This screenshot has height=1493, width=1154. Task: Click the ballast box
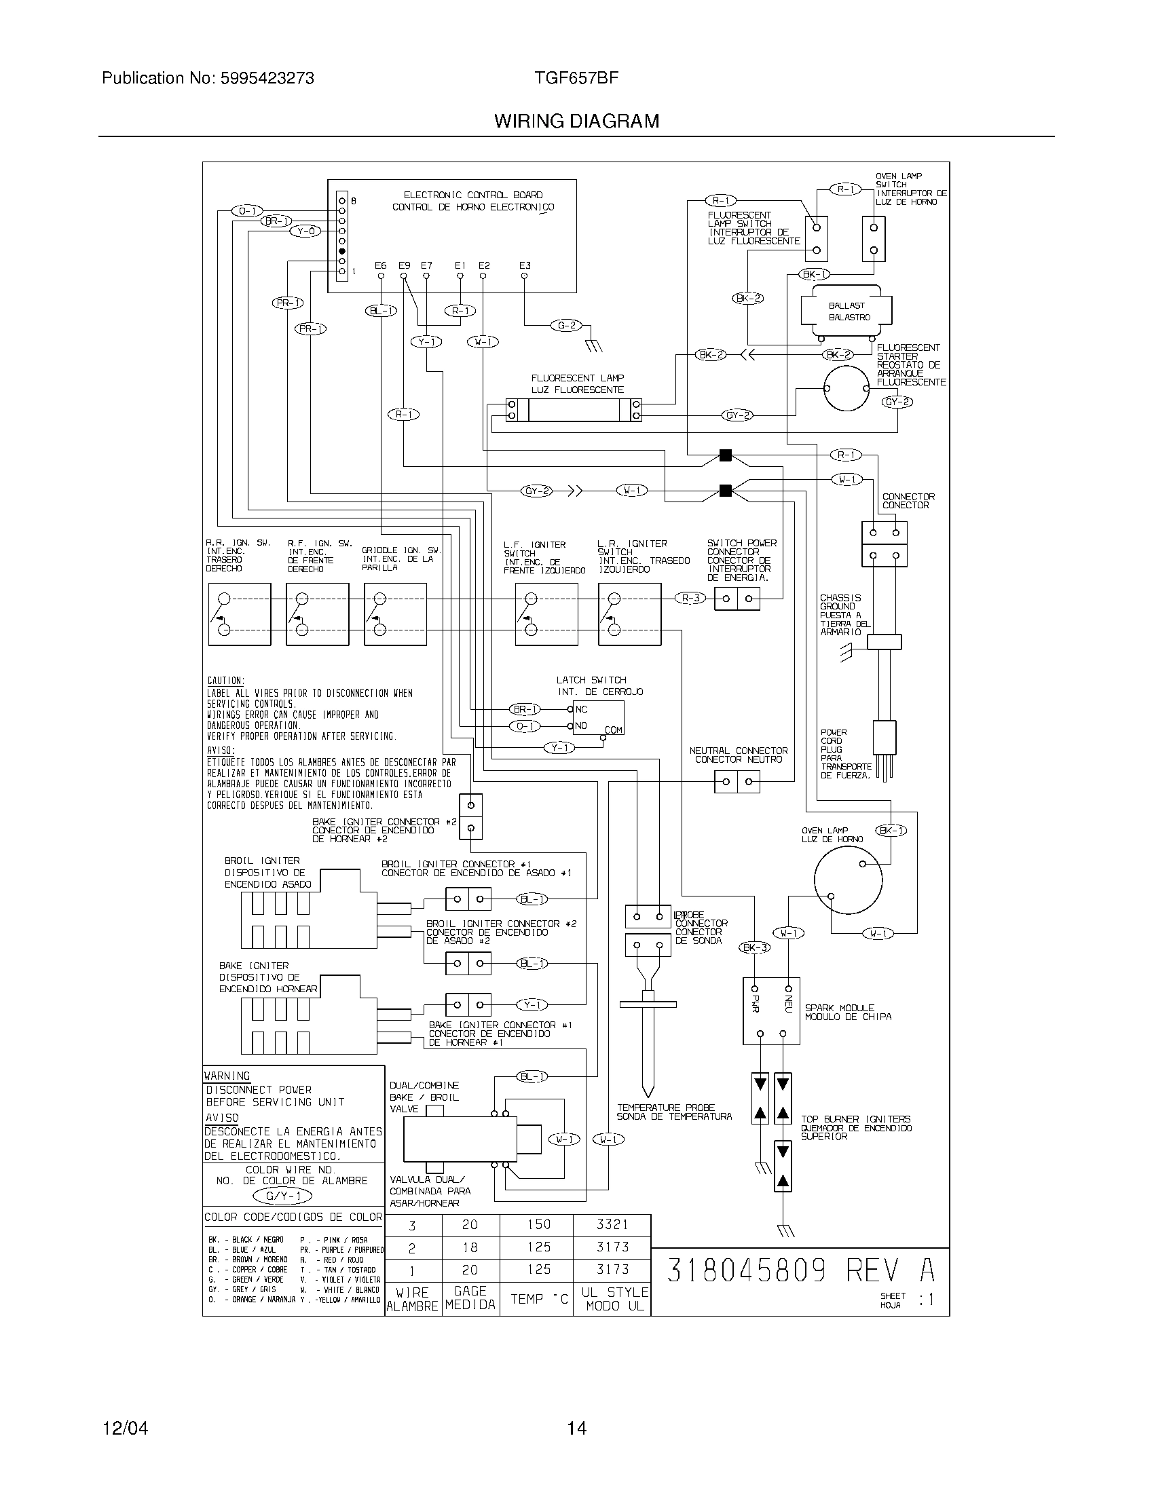pyautogui.click(x=849, y=311)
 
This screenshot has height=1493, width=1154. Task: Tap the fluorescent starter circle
pyautogui.click(x=846, y=388)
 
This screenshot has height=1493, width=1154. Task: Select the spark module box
pyautogui.click(x=771, y=1011)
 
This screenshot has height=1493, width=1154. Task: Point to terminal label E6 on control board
pyautogui.click(x=381, y=265)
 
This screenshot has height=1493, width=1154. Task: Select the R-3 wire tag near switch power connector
pyautogui.click(x=690, y=598)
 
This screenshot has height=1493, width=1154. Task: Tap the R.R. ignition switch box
pyautogui.click(x=239, y=614)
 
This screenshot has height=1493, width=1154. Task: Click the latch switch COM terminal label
pyautogui.click(x=613, y=730)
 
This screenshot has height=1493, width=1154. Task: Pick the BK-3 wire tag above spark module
pyautogui.click(x=755, y=947)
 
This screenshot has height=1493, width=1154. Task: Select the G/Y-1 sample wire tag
pyautogui.click(x=282, y=1196)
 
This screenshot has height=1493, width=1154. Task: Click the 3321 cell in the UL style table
pyautogui.click(x=612, y=1224)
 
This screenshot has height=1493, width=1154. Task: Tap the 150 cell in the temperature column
pyautogui.click(x=539, y=1224)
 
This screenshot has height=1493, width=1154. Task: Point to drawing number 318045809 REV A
pyautogui.click(x=800, y=1271)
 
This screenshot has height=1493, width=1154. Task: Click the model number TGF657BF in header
pyautogui.click(x=577, y=78)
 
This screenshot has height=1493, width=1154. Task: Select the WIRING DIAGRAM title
pyautogui.click(x=576, y=121)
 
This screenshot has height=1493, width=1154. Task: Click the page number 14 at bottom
pyautogui.click(x=576, y=1427)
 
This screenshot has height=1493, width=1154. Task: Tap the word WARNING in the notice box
pyautogui.click(x=227, y=1076)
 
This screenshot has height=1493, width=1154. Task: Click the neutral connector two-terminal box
pyautogui.click(x=737, y=781)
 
